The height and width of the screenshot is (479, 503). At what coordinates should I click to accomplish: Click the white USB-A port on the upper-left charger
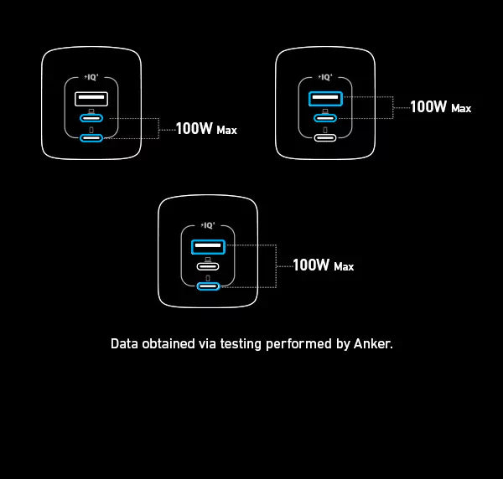91,100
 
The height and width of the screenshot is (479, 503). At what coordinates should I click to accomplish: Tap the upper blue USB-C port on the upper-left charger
91,121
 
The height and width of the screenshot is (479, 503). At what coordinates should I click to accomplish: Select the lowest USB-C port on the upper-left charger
91,138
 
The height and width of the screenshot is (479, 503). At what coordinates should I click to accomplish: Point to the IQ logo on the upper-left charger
91,76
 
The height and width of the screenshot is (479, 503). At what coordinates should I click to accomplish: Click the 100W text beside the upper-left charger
194,130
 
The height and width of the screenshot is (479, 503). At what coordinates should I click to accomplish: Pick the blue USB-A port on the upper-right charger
325,100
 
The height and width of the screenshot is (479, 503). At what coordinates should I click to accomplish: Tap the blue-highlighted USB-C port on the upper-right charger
325,121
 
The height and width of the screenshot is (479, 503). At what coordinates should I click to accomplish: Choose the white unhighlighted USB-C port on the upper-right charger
325,138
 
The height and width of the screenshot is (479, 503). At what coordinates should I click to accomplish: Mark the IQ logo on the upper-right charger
326,76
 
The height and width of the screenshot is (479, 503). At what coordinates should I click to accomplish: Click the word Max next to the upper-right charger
461,109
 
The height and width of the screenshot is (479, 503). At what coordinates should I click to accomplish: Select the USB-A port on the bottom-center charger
208,246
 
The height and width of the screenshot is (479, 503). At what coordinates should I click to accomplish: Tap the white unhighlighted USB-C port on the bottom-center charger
208,267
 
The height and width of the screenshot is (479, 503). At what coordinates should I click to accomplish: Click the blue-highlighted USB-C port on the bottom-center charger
208,286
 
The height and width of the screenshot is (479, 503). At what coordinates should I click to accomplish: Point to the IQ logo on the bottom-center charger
209,224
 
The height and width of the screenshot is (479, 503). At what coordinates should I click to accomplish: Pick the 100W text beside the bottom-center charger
311,265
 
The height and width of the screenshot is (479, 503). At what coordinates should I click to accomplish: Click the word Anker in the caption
373,343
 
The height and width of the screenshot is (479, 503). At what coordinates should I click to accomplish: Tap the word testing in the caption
243,343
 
